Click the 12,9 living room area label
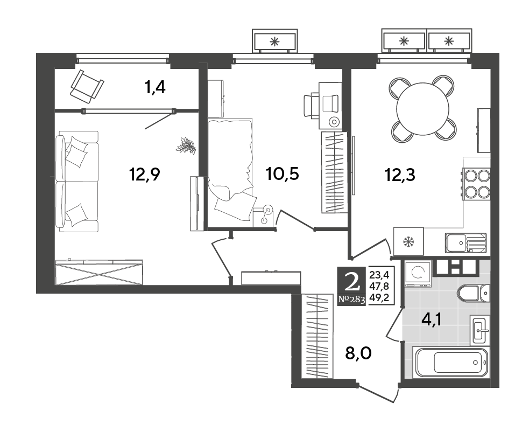[x=144, y=175]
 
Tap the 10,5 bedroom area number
[x=283, y=175]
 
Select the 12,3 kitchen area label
[x=400, y=175]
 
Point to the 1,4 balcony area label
[x=155, y=88]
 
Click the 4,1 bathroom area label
[x=432, y=319]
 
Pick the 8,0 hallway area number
[x=358, y=353]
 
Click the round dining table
[x=423, y=109]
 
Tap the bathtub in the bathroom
[x=452, y=363]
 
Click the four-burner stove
[x=476, y=184]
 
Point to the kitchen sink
[x=465, y=242]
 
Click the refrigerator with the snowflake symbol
[x=408, y=241]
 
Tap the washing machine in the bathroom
[x=418, y=273]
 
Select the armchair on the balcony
[x=87, y=86]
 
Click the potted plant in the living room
[x=186, y=146]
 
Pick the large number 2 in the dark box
[x=351, y=282]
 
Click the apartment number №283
[x=351, y=299]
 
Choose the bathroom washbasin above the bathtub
[x=479, y=330]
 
